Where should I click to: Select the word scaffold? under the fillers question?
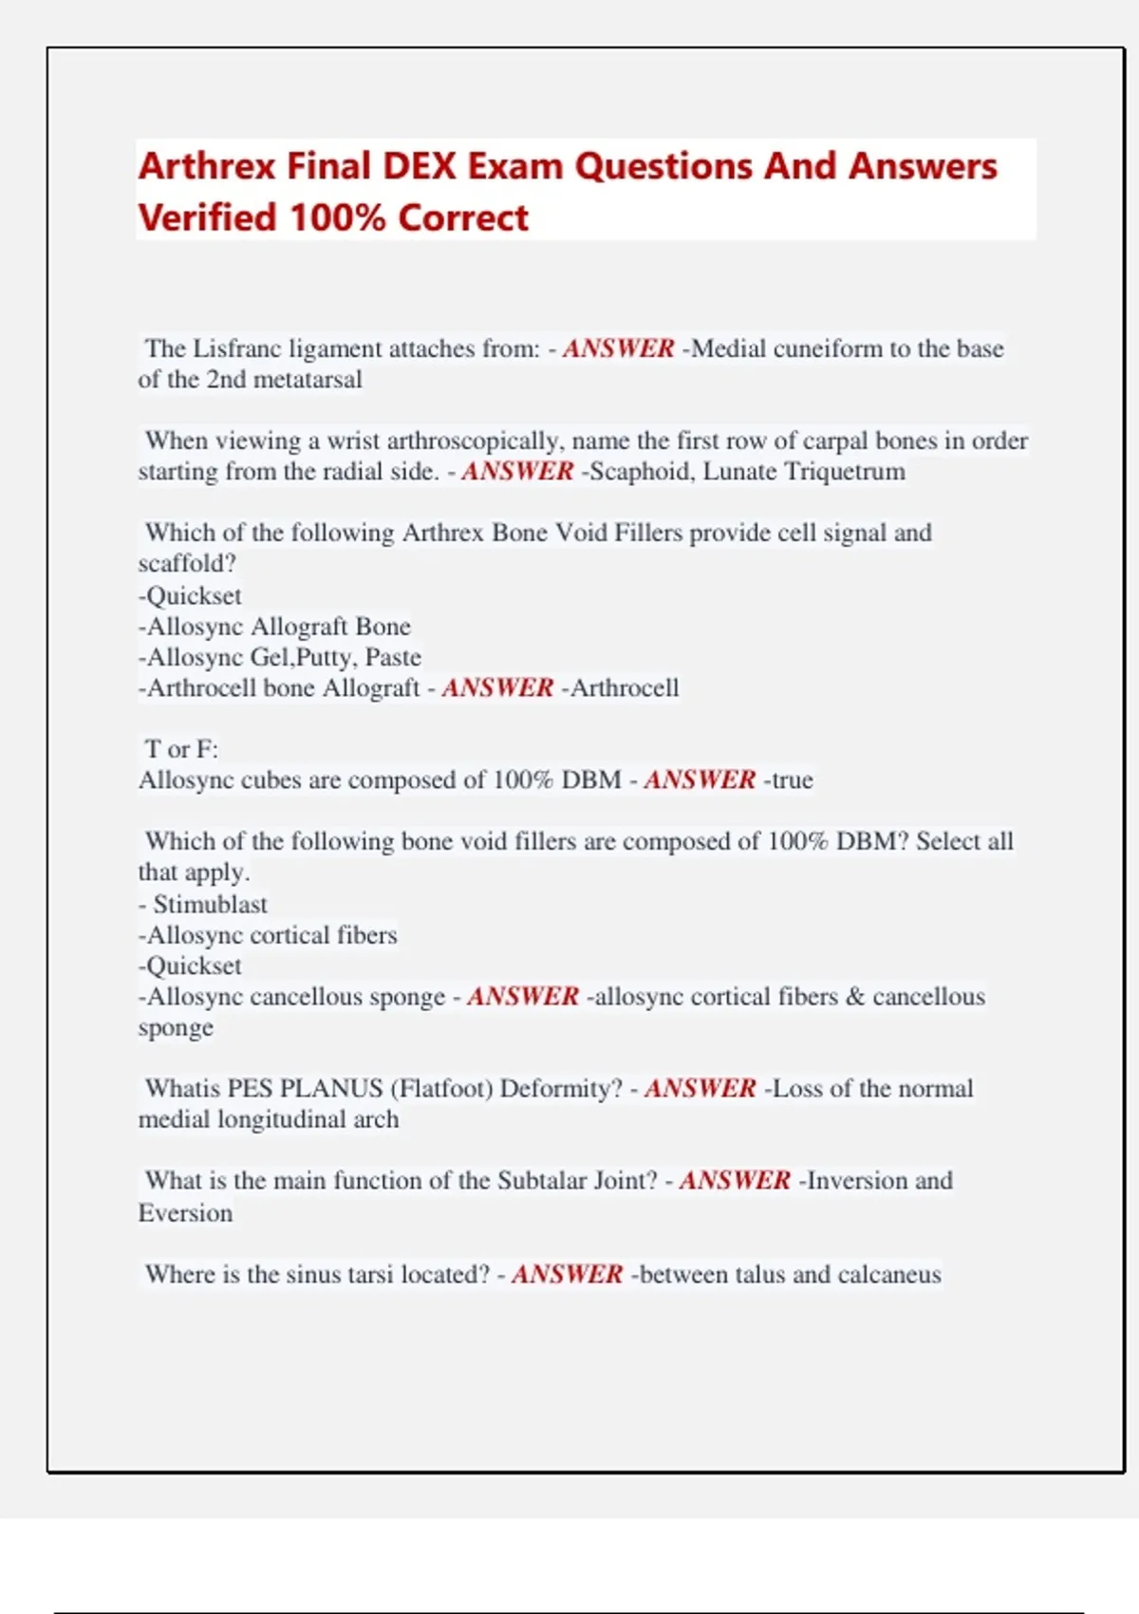pyautogui.click(x=187, y=564)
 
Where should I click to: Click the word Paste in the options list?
pyautogui.click(x=393, y=657)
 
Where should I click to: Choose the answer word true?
pyautogui.click(x=792, y=780)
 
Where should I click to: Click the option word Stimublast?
pyautogui.click(x=210, y=904)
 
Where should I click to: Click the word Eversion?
pyautogui.click(x=185, y=1212)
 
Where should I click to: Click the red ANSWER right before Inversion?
pyautogui.click(x=735, y=1180)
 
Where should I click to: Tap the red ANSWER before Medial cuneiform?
pyautogui.click(x=618, y=348)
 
